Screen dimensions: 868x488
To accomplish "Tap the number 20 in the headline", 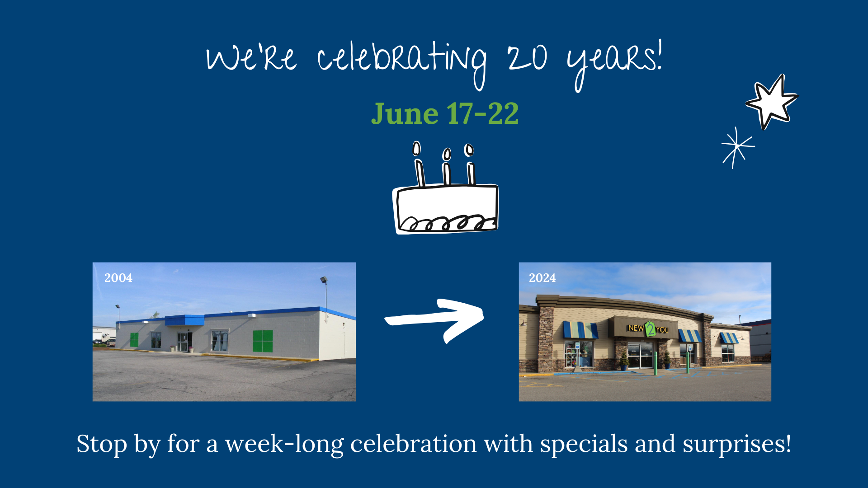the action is click(x=527, y=58).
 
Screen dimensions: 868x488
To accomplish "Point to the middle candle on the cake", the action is click(x=447, y=166).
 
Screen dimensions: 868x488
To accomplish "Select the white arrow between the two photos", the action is click(x=434, y=319).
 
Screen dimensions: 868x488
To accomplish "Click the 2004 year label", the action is click(x=118, y=278).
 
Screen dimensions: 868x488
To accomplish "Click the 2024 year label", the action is click(x=542, y=278).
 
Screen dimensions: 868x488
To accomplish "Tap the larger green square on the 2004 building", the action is click(x=263, y=341).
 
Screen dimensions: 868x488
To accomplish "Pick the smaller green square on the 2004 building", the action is click(x=134, y=340).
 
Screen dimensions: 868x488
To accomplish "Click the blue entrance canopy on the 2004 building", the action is click(x=184, y=320).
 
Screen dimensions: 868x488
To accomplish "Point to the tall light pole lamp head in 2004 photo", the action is click(x=324, y=280).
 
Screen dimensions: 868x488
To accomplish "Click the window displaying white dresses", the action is click(x=220, y=341).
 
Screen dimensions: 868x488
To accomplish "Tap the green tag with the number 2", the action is click(x=650, y=328).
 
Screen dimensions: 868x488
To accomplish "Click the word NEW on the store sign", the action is click(x=636, y=328).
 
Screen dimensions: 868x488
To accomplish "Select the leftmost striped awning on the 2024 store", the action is click(x=580, y=330).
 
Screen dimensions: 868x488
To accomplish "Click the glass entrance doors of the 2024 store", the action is click(x=641, y=356).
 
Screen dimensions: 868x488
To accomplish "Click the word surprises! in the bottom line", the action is click(x=737, y=445).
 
